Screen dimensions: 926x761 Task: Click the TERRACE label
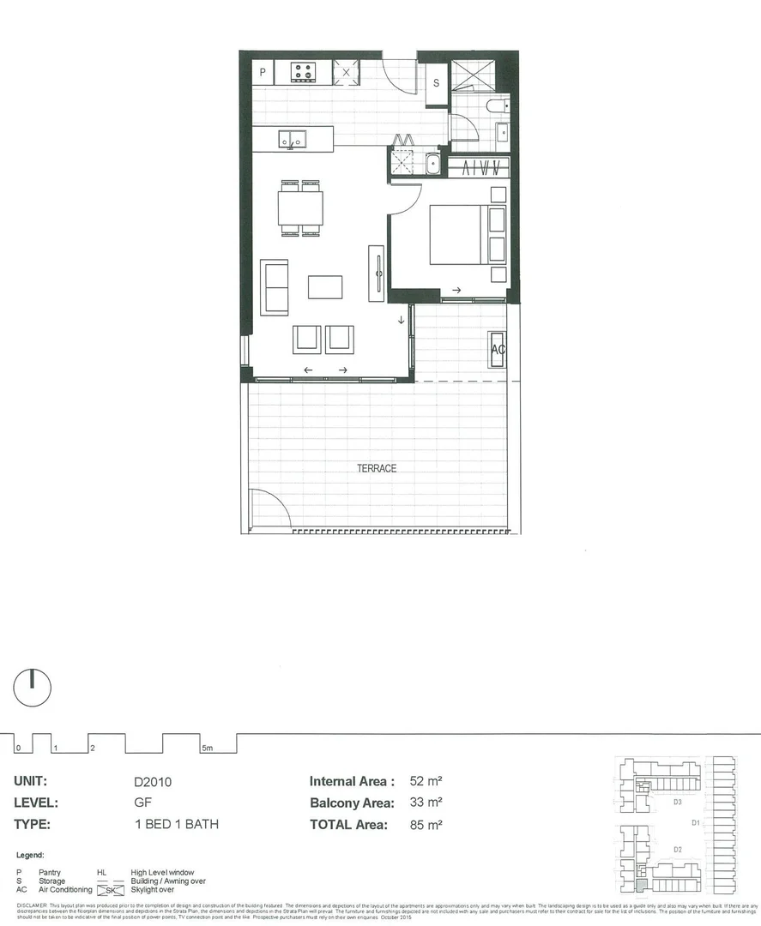(377, 468)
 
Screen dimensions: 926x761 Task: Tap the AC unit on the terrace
(498, 349)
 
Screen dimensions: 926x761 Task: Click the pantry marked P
(263, 73)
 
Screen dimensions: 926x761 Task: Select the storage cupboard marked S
(436, 83)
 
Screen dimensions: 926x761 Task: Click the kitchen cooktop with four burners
(303, 72)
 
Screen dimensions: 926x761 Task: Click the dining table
(300, 207)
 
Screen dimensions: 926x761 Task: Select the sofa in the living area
(276, 287)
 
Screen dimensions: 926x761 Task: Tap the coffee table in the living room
(325, 286)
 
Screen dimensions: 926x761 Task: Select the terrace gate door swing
(266, 508)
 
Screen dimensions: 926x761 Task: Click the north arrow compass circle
(33, 688)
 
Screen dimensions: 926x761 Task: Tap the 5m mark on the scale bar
(206, 749)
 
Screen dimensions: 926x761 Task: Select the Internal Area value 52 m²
(420, 781)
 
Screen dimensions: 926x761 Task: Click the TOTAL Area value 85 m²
(420, 825)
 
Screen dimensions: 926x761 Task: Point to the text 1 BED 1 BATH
(176, 825)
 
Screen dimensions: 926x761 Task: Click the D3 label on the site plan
(677, 803)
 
